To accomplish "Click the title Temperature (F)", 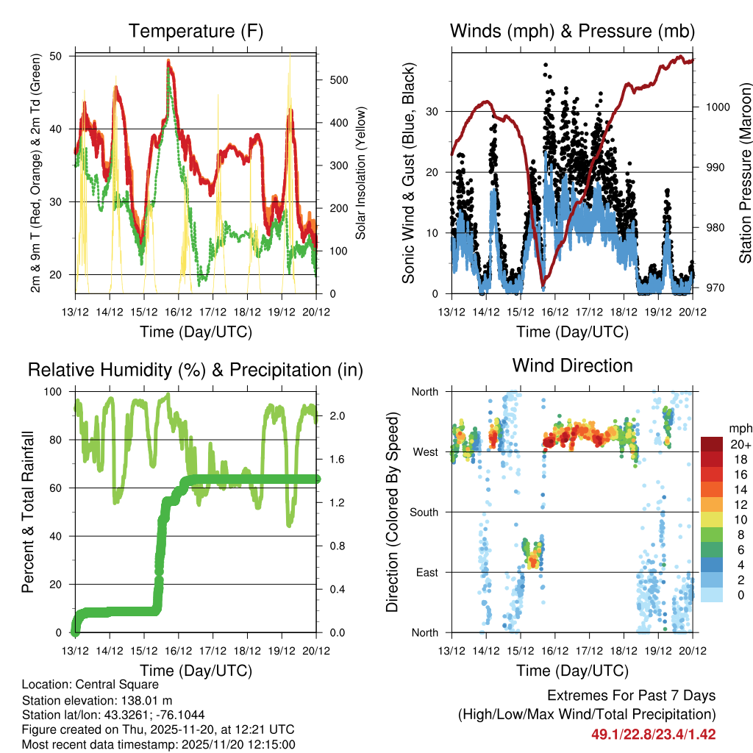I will click(x=196, y=32).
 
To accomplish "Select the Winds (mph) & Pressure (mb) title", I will click(x=572, y=32).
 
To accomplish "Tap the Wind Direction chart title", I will click(x=572, y=365).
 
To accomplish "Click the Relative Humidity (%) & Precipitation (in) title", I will click(x=196, y=370).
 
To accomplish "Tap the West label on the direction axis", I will click(x=425, y=452).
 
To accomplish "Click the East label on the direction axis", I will click(x=427, y=572).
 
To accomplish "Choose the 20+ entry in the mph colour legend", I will click(x=738, y=445).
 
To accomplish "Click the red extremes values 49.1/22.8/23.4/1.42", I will click(x=653, y=735).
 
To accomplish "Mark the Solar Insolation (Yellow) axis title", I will click(x=361, y=173).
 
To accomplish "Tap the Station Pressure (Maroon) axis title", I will click(x=745, y=174).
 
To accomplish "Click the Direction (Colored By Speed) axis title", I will click(x=392, y=512).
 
